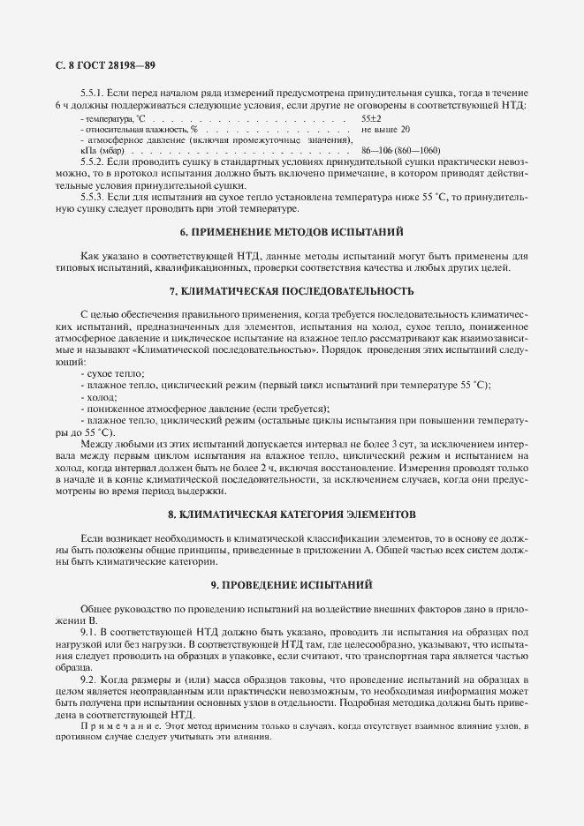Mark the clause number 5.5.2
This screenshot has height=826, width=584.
click(x=93, y=162)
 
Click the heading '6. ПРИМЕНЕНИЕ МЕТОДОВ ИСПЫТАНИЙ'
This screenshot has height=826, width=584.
click(x=292, y=233)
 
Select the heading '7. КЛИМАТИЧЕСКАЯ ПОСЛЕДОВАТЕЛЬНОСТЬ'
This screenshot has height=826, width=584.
click(x=292, y=290)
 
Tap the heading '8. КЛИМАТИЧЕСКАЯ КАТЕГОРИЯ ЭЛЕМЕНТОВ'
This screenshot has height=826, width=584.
click(x=292, y=514)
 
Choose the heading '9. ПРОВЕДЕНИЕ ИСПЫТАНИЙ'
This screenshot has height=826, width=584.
click(x=292, y=584)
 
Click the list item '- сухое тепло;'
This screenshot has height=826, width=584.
click(x=113, y=374)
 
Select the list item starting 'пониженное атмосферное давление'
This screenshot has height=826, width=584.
click(x=204, y=409)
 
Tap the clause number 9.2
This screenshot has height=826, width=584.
click(x=87, y=680)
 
